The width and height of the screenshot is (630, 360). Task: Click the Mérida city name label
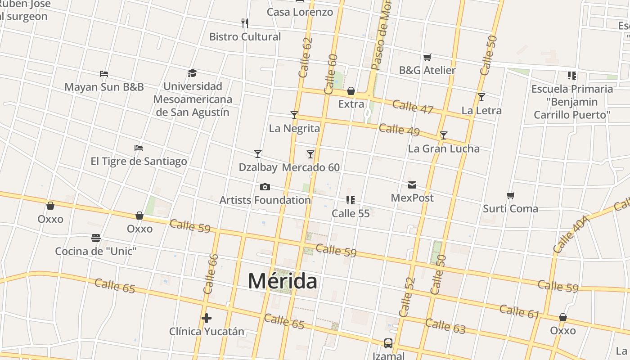tap(283, 281)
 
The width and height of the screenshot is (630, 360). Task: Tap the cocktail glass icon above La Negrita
tap(294, 115)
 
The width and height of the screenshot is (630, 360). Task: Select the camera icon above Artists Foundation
tap(265, 187)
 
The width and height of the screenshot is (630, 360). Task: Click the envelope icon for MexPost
tap(412, 185)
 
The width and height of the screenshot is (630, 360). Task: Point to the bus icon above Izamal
tap(388, 343)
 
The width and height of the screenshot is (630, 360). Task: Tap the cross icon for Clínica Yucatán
tap(207, 319)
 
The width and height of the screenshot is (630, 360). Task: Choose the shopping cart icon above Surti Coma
tap(510, 196)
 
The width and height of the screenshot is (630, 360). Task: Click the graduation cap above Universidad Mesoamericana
tap(193, 73)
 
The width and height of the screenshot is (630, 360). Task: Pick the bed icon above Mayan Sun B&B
tap(104, 73)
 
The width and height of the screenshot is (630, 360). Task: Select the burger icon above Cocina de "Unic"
tap(96, 238)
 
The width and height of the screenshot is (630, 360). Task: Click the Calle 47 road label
tap(413, 107)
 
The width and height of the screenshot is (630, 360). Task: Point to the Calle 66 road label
tap(211, 274)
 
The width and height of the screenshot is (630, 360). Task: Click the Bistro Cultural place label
tap(245, 37)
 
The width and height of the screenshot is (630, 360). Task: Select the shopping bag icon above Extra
tap(351, 91)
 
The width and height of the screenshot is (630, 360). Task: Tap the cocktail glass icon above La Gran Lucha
tap(444, 135)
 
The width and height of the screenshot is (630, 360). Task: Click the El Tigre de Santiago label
tap(139, 161)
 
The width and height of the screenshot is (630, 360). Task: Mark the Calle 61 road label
tap(519, 311)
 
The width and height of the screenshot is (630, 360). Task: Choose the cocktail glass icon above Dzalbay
tap(258, 154)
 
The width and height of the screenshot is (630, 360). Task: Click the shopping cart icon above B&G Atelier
tap(427, 57)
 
